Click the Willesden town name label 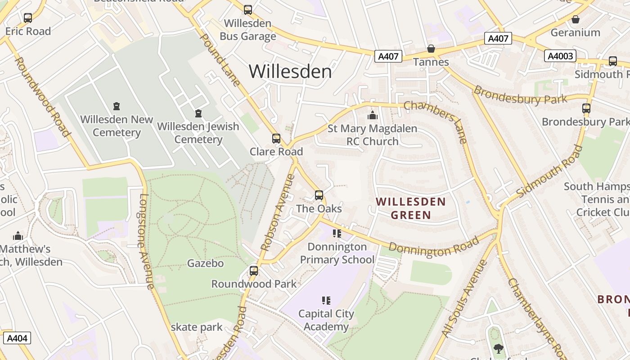(290, 72)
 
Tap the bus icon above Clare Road (276, 139)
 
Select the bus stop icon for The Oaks (319, 195)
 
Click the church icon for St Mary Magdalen (372, 116)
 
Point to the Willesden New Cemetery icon (117, 107)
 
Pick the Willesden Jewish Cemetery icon (198, 113)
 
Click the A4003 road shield (560, 56)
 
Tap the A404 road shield (17, 338)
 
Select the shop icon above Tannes (431, 49)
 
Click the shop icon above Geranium (575, 19)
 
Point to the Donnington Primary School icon (337, 234)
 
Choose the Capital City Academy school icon (326, 301)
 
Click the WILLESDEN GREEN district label (411, 208)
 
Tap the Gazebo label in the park (205, 263)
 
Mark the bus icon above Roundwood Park (254, 271)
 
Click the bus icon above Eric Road (28, 18)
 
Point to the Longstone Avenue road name (147, 241)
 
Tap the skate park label (197, 327)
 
